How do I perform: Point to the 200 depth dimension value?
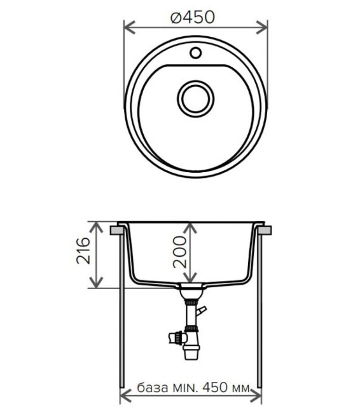(179, 249)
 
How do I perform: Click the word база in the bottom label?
(152, 388)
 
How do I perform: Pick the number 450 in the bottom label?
(214, 388)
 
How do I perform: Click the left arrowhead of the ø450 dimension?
(127, 27)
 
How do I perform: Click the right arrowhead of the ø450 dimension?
(262, 27)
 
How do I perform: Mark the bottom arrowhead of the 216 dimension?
(97, 283)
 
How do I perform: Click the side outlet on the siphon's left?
(172, 337)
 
